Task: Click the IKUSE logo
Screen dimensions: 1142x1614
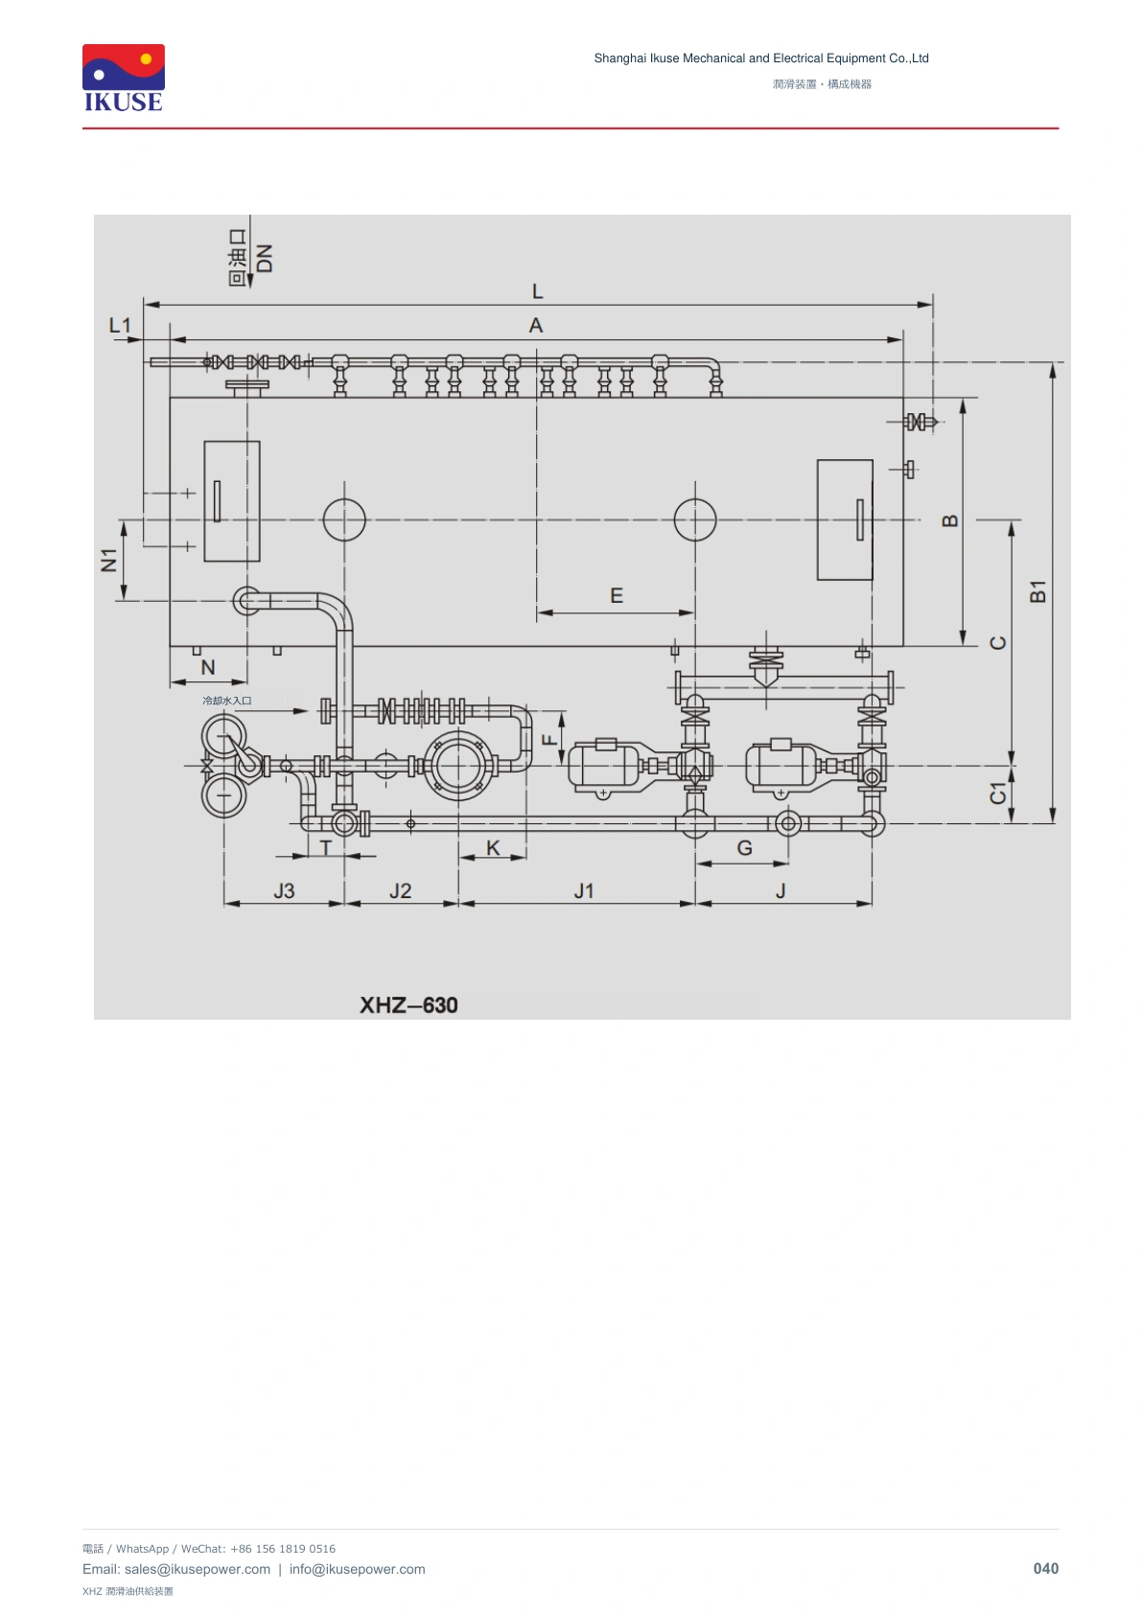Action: coord(124,79)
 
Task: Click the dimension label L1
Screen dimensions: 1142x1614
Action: coord(120,326)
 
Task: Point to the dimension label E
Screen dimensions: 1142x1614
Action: coord(617,596)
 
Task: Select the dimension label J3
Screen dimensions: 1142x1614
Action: coord(284,891)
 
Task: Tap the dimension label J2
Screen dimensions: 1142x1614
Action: coord(400,891)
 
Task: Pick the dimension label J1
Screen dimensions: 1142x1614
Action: coord(584,891)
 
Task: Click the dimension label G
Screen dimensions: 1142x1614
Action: coord(745,848)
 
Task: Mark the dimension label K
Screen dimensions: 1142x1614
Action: coord(493,848)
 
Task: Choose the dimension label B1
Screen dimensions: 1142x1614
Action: coord(1037,591)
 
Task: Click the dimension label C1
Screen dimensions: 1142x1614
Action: coord(998,794)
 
